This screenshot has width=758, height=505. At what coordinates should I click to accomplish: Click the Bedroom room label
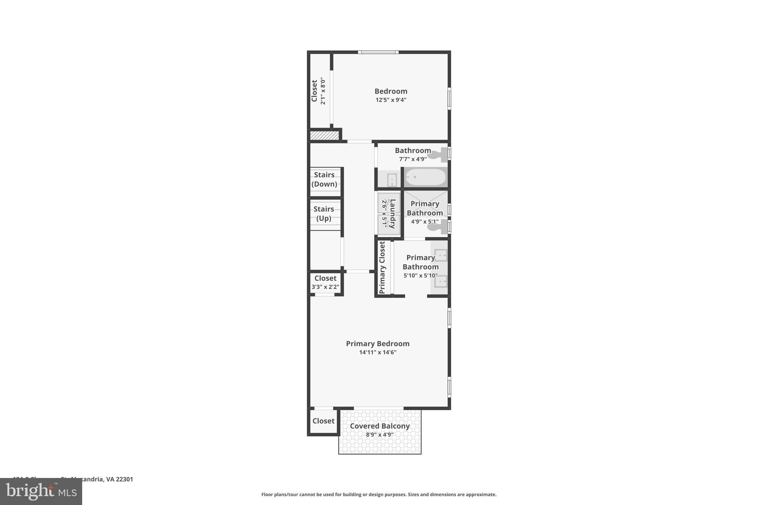(390, 91)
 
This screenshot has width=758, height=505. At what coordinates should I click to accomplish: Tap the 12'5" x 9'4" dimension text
(391, 100)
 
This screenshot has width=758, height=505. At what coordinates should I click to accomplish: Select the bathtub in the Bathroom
(425, 178)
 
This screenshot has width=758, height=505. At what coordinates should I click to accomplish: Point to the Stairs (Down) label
(324, 179)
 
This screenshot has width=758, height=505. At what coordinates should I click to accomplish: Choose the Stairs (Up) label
(323, 213)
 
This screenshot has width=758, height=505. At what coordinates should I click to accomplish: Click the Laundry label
(393, 213)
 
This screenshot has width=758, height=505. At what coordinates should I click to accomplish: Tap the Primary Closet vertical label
(382, 267)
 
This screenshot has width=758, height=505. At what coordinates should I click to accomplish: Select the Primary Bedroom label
(378, 344)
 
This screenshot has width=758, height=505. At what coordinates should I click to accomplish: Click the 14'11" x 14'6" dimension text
(378, 352)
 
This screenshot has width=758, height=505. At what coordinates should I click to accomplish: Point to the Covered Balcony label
(380, 426)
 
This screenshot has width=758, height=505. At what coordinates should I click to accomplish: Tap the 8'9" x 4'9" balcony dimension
(380, 435)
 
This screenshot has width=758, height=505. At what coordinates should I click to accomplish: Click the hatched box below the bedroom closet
(324, 135)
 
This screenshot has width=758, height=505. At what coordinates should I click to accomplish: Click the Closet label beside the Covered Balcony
(323, 421)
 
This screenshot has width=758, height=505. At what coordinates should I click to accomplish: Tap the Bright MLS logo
(41, 492)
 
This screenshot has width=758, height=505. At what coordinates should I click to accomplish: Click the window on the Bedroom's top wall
(378, 52)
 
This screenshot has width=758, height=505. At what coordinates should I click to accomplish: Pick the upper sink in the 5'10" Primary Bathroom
(441, 255)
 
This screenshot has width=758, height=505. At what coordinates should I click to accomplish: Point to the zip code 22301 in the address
(124, 479)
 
